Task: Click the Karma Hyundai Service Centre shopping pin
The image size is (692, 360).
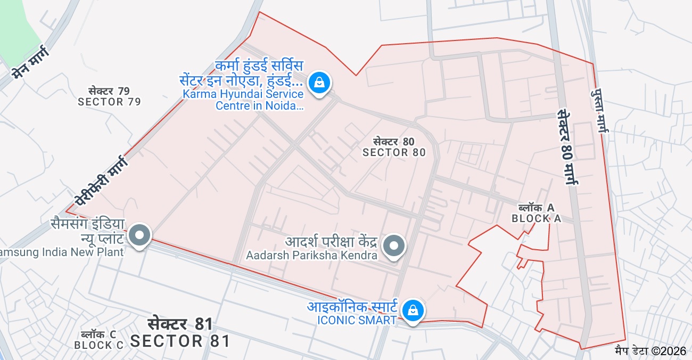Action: (319, 83)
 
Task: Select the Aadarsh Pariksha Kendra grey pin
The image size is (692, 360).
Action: (394, 246)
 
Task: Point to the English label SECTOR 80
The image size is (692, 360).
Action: (394, 152)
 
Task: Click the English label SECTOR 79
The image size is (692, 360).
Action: (109, 102)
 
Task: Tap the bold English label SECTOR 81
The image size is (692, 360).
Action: (180, 341)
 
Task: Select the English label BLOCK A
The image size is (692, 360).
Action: (536, 218)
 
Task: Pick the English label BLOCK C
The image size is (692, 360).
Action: (98, 345)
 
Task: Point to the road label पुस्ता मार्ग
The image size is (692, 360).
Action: (599, 111)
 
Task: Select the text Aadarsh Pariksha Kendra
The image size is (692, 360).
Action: (311, 256)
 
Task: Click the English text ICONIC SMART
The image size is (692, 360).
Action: (357, 320)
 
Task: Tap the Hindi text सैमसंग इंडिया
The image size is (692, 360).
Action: (87, 224)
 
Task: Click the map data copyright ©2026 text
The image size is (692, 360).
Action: (650, 351)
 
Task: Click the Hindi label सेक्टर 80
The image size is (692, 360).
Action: (393, 142)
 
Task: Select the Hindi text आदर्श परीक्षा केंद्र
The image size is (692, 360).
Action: (331, 242)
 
